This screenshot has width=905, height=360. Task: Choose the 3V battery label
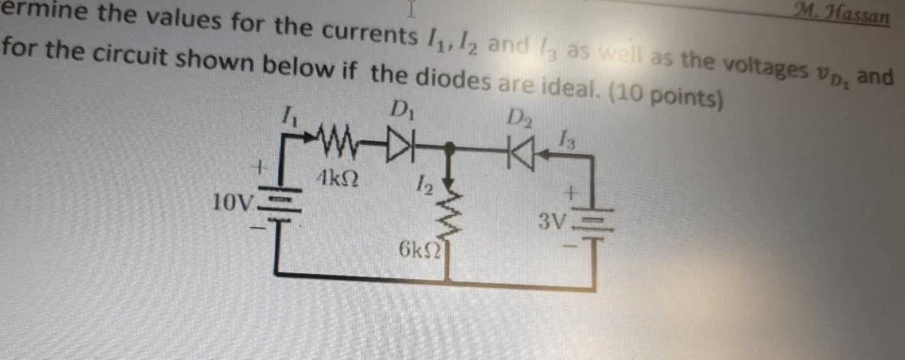[x=551, y=221]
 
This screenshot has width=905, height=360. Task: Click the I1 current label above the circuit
[x=289, y=116]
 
